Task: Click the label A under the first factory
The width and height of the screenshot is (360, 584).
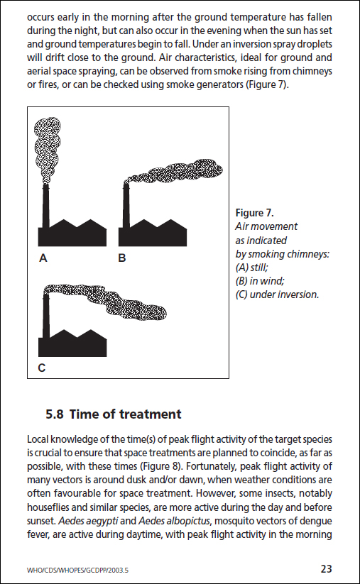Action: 43,258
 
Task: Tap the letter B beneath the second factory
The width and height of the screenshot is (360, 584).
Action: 122,258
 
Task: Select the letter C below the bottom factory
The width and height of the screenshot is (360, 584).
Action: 42,368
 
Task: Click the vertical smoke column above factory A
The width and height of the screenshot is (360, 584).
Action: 48,149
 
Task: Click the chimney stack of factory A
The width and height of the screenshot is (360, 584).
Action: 46,206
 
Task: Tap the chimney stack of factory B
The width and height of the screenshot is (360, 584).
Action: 126,206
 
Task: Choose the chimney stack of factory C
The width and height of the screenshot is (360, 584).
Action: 46,316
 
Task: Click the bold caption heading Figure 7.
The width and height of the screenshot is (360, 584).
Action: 254,213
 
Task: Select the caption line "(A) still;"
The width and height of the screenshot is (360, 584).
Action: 251,268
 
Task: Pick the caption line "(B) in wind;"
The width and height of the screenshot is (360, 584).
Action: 260,281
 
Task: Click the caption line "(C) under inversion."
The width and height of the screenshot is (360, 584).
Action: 277,294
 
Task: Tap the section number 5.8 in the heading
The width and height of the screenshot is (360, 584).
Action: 55,414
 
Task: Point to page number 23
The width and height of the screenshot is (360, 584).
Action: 326,568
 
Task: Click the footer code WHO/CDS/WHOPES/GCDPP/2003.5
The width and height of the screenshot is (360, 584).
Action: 77,570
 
